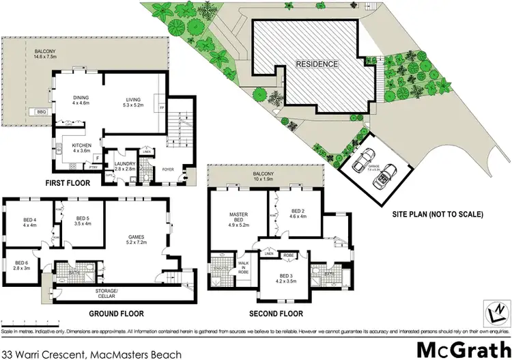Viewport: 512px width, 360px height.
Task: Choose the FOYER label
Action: click(169, 169)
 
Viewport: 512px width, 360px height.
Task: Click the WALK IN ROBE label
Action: click(243, 266)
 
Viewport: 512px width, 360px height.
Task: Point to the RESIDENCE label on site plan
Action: click(317, 64)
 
